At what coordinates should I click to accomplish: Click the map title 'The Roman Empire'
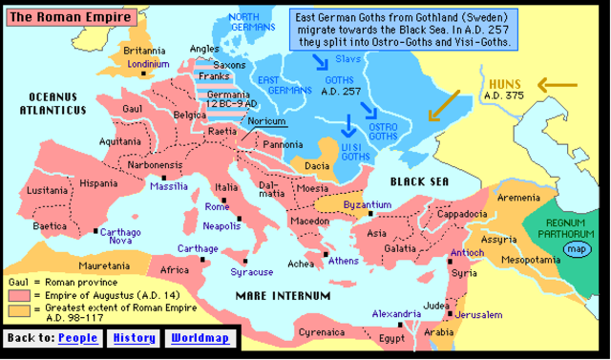coord(55,15)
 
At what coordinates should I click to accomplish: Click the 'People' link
coord(78,338)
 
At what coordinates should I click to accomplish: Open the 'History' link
coord(135,338)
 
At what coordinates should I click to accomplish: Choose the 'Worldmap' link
coord(200,338)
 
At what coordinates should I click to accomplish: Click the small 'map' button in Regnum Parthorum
coord(575,249)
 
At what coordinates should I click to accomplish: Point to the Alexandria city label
coord(395,313)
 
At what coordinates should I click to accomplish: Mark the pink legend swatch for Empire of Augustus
coord(14,297)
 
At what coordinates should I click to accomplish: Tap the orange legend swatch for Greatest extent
coord(14,310)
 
